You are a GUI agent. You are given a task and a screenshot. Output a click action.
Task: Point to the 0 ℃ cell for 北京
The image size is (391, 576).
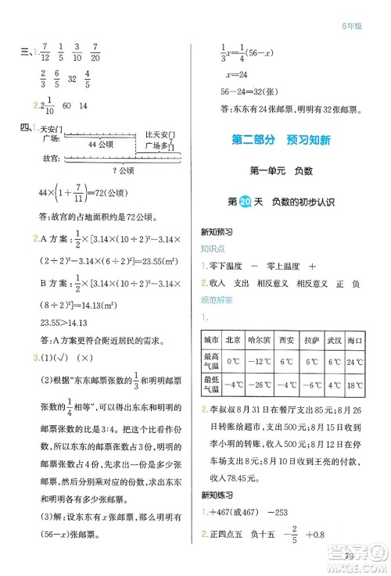click(x=232, y=363)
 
